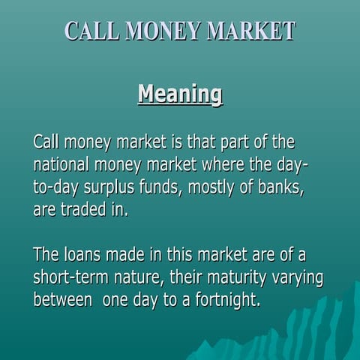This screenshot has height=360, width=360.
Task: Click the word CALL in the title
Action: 91,31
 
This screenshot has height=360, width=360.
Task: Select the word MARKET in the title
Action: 250,31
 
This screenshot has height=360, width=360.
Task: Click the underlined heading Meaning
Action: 180,94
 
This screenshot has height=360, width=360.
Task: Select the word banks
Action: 281,187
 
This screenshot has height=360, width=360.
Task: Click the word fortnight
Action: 226,301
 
